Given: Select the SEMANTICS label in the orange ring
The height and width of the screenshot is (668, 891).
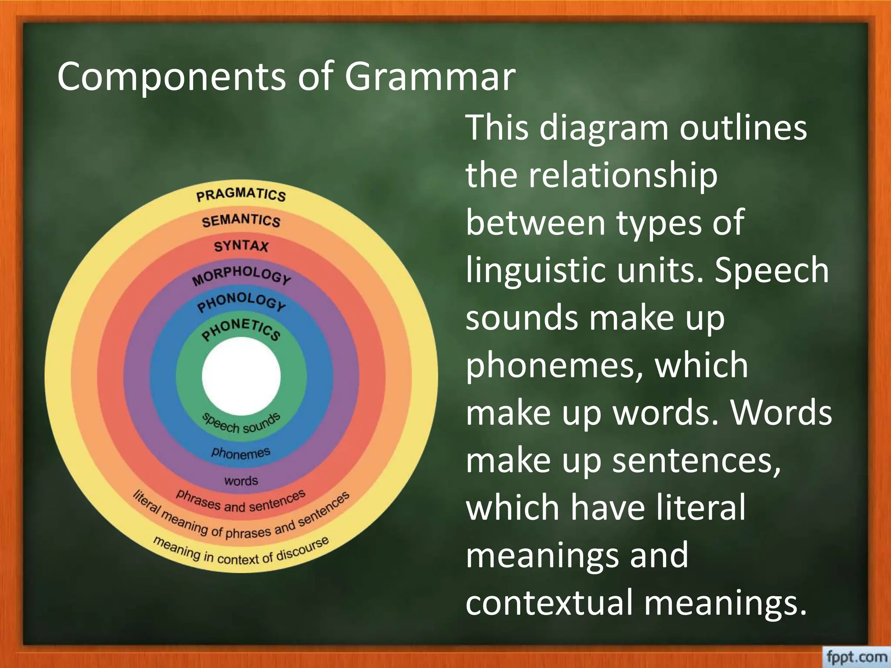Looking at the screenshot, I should pos(241,221).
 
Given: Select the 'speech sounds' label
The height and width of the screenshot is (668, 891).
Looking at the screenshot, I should pos(241,424).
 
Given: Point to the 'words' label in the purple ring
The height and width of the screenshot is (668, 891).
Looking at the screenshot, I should pos(241,481).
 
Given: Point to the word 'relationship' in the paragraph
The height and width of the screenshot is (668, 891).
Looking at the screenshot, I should pos(623,175).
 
